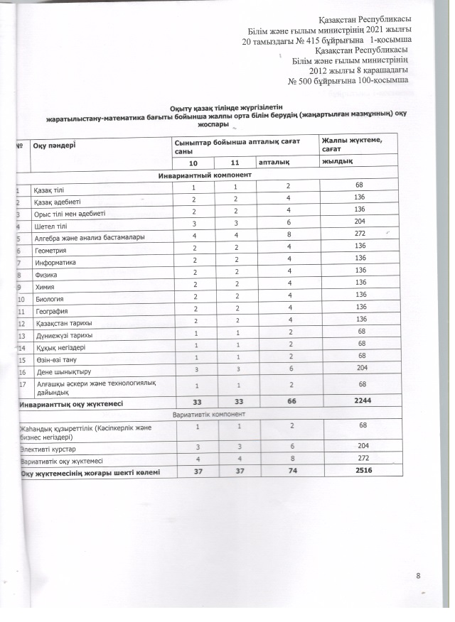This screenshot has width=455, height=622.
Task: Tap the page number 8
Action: pyautogui.click(x=419, y=574)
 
